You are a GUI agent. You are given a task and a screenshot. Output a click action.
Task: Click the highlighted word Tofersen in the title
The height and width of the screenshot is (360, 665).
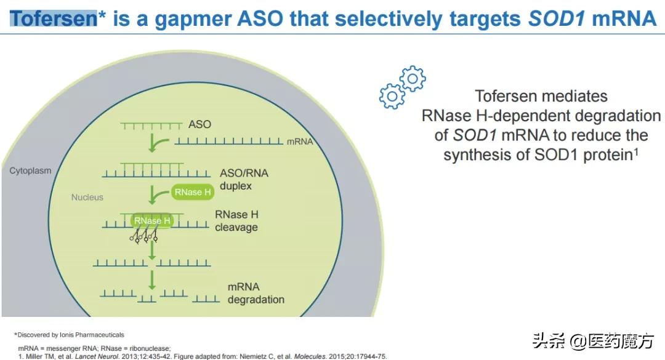point(54,18)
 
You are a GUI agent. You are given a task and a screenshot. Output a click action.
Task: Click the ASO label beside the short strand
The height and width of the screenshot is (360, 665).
point(199,124)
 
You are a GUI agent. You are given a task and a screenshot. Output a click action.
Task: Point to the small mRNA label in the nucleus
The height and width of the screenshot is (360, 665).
point(300,142)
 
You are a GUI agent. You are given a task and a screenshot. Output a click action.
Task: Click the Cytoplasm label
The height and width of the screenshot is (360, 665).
point(30,170)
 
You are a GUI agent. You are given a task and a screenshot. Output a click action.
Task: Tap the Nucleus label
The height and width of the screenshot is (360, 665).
point(87,198)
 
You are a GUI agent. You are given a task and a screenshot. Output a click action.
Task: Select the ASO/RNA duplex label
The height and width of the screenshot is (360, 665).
point(244,178)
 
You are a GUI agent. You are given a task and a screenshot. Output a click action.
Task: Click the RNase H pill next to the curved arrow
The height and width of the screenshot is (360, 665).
point(193,193)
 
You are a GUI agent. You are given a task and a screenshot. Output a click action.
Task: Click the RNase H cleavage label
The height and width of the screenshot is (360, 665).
point(236,221)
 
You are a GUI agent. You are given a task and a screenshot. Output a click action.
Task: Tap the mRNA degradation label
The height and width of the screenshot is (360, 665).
point(256,294)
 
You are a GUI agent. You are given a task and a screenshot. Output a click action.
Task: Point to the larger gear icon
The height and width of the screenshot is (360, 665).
point(392,95)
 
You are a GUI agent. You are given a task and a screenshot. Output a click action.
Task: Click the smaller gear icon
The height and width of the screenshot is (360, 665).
point(413,78)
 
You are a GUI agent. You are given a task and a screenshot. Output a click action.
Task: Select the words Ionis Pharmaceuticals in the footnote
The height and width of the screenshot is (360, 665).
point(95,335)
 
